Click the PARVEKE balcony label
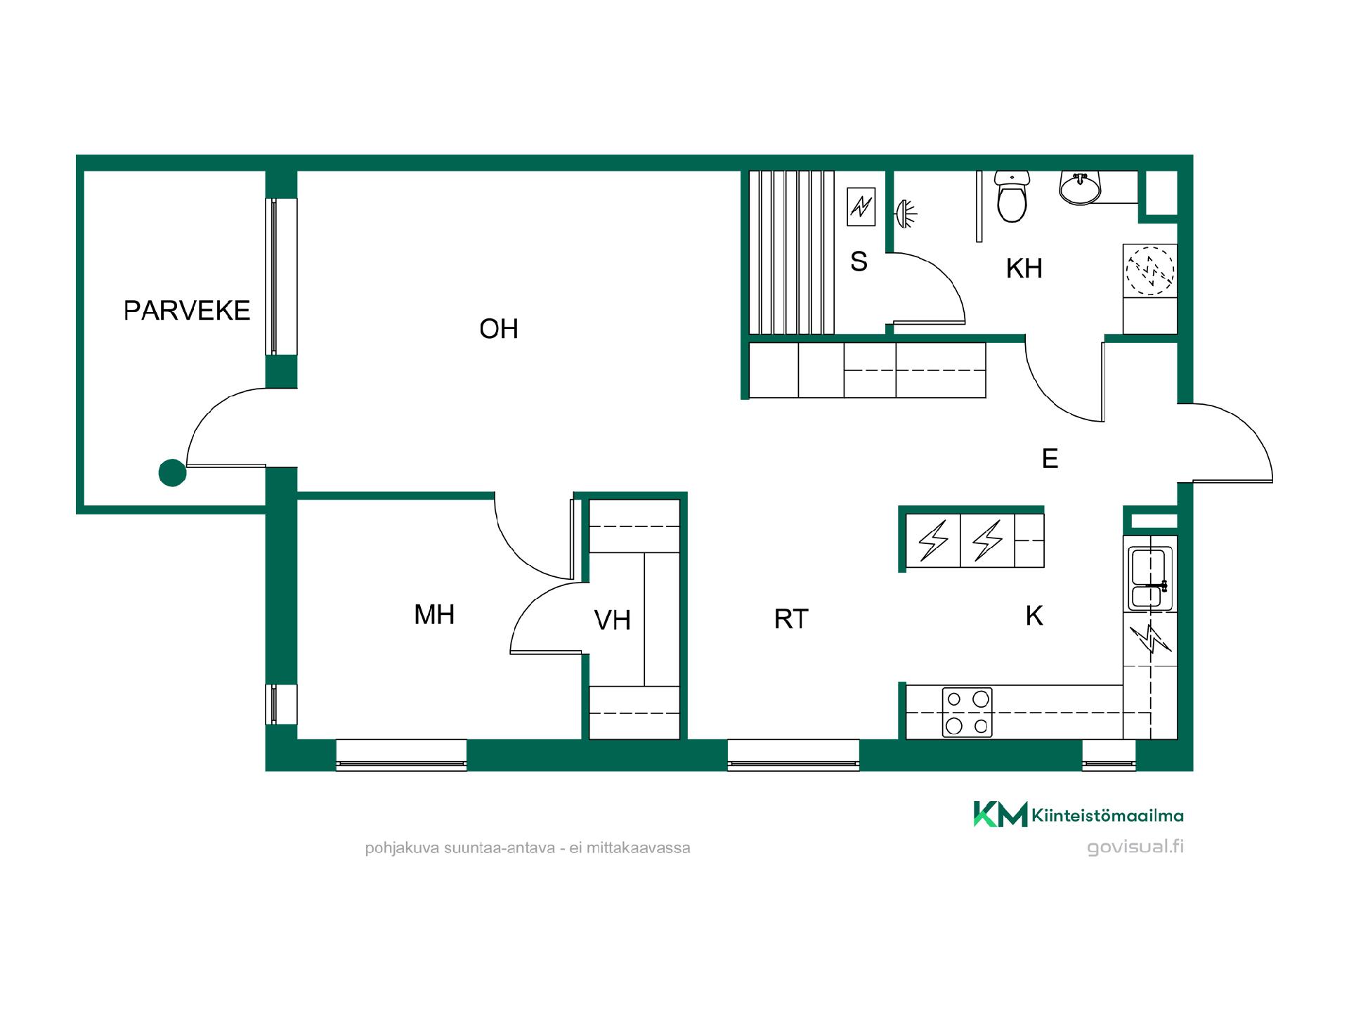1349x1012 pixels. pos(187,311)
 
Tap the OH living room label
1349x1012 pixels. pos(499,329)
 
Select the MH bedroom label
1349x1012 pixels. pos(434,615)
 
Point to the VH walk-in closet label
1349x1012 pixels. pos(612,620)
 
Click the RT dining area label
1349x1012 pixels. pos(791,619)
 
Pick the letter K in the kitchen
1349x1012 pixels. pos(1034,616)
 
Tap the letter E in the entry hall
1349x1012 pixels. pos(1050,458)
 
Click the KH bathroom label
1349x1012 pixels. pos(1024,268)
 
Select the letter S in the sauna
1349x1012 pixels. pos(859,261)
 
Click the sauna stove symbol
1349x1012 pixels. pos(861,207)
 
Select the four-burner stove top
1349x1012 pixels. pos(967,712)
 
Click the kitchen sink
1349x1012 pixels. pos(1150,578)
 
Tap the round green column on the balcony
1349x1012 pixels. pos(172,473)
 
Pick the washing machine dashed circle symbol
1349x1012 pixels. pos(1150,270)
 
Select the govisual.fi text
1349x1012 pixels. pos(1135,847)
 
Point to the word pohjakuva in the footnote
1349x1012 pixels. pos(403,848)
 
